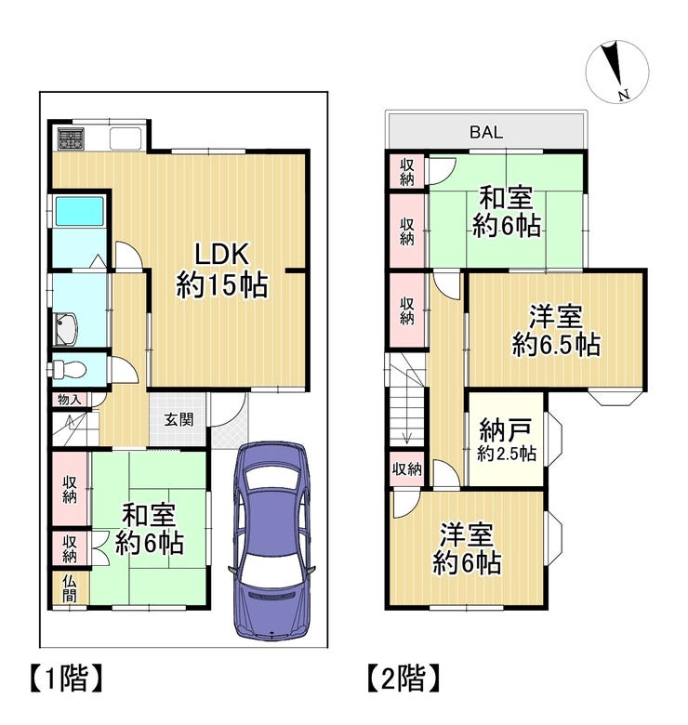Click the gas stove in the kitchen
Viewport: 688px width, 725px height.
pyautogui.click(x=71, y=138)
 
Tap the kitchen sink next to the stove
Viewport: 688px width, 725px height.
pyautogui.click(x=126, y=138)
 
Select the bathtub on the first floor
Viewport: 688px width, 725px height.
pyautogui.click(x=79, y=212)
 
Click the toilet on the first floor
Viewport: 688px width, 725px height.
pyautogui.click(x=68, y=369)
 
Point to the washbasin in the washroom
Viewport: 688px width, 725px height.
pyautogui.click(x=66, y=329)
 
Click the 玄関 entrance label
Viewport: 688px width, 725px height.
pyautogui.click(x=179, y=420)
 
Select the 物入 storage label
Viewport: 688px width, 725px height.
pyautogui.click(x=70, y=400)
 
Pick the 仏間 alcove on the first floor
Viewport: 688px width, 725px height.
pyautogui.click(x=70, y=588)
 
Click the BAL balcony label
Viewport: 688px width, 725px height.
pyautogui.click(x=486, y=133)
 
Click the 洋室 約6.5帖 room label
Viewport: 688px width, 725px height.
pyautogui.click(x=556, y=330)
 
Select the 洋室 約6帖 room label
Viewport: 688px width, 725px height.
pyautogui.click(x=467, y=548)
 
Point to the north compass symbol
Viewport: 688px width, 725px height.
pyautogui.click(x=617, y=71)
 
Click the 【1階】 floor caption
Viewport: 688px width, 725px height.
pyautogui.click(x=66, y=679)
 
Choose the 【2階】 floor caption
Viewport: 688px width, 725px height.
pyautogui.click(x=404, y=679)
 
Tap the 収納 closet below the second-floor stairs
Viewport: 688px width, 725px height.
pyautogui.click(x=407, y=469)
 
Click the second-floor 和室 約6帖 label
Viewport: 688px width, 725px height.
pyautogui.click(x=507, y=212)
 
